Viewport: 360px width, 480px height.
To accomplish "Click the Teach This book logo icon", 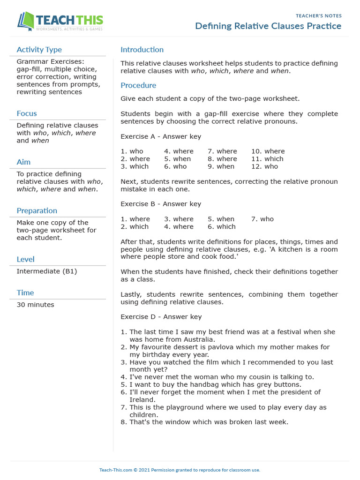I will coord(26,22).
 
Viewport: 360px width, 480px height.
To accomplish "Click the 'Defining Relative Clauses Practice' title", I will coord(268,26).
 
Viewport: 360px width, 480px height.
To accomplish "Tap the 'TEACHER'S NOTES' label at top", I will coord(318,16).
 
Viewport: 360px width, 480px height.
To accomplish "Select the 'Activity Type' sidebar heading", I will coord(39,50).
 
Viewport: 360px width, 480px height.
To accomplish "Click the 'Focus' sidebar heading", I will coord(27,113).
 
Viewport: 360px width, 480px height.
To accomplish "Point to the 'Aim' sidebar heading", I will coord(23,162).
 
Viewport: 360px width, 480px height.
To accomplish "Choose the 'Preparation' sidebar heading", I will coord(37,211).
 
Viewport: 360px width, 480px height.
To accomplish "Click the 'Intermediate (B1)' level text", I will coord(47,271).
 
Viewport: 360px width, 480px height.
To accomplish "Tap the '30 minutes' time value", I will coord(35,305).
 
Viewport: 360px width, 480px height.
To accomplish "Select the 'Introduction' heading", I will coord(142,50).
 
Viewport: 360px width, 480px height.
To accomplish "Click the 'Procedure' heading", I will coord(138,85).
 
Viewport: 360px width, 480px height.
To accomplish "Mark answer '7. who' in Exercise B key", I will coord(262,219).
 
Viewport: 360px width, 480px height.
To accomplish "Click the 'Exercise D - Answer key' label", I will coord(161,317).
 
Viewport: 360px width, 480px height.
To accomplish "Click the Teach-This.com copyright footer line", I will coord(180,470).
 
